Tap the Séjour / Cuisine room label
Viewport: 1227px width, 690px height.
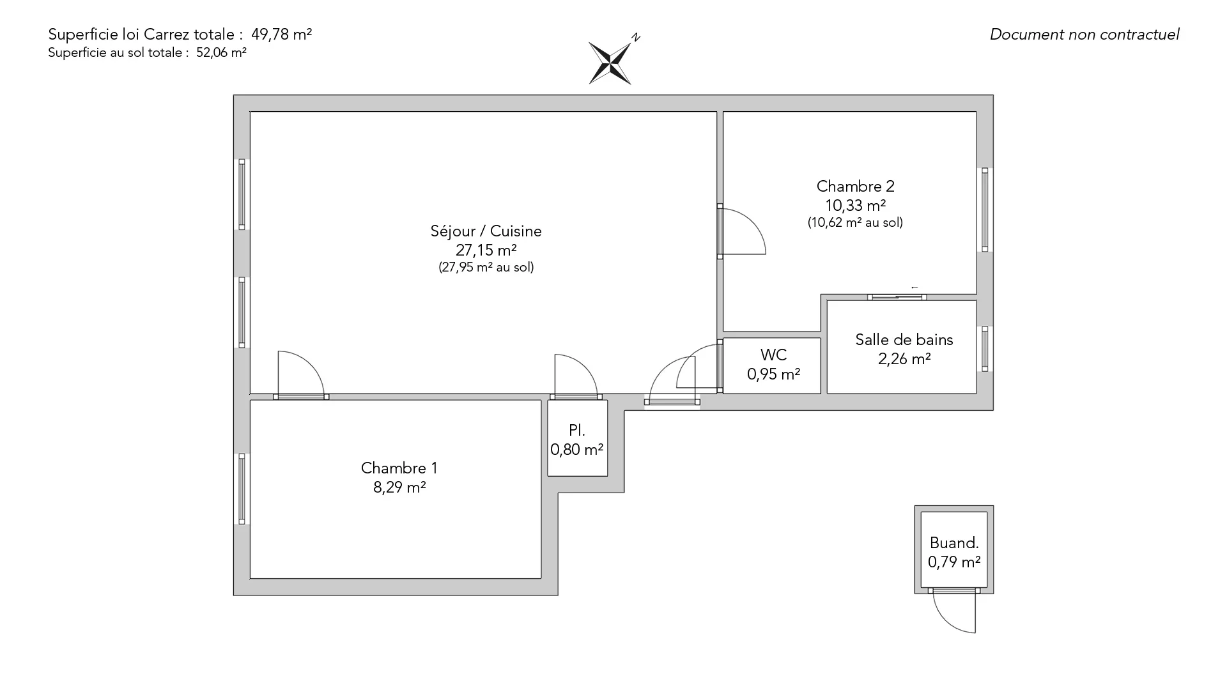click(486, 231)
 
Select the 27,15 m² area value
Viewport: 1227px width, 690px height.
click(486, 250)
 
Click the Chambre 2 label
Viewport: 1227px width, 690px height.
click(855, 187)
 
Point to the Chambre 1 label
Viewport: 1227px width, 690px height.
click(399, 468)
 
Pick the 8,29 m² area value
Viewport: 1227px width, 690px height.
click(399, 487)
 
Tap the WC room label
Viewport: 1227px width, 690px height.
click(773, 355)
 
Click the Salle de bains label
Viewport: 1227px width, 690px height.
click(904, 340)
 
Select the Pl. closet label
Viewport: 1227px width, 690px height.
click(577, 431)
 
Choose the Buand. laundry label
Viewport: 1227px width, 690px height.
click(954, 543)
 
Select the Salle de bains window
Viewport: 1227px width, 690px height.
click(985, 349)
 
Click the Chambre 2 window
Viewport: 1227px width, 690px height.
click(985, 210)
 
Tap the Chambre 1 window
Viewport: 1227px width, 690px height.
click(242, 489)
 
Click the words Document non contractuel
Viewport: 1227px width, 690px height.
click(1084, 34)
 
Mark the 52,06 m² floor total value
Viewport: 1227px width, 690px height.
click(221, 53)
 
